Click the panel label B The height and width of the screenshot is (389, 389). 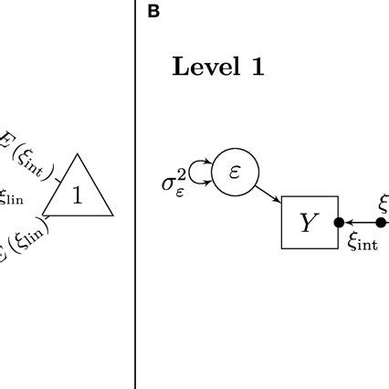pyautogui.click(x=153, y=12)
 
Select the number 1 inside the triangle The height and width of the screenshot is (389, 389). pyautogui.click(x=78, y=194)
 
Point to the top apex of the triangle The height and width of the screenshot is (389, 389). pyautogui.click(x=78, y=154)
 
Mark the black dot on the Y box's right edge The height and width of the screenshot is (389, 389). pyautogui.click(x=338, y=222)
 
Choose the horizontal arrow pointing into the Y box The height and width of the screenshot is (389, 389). pyautogui.click(x=362, y=222)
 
